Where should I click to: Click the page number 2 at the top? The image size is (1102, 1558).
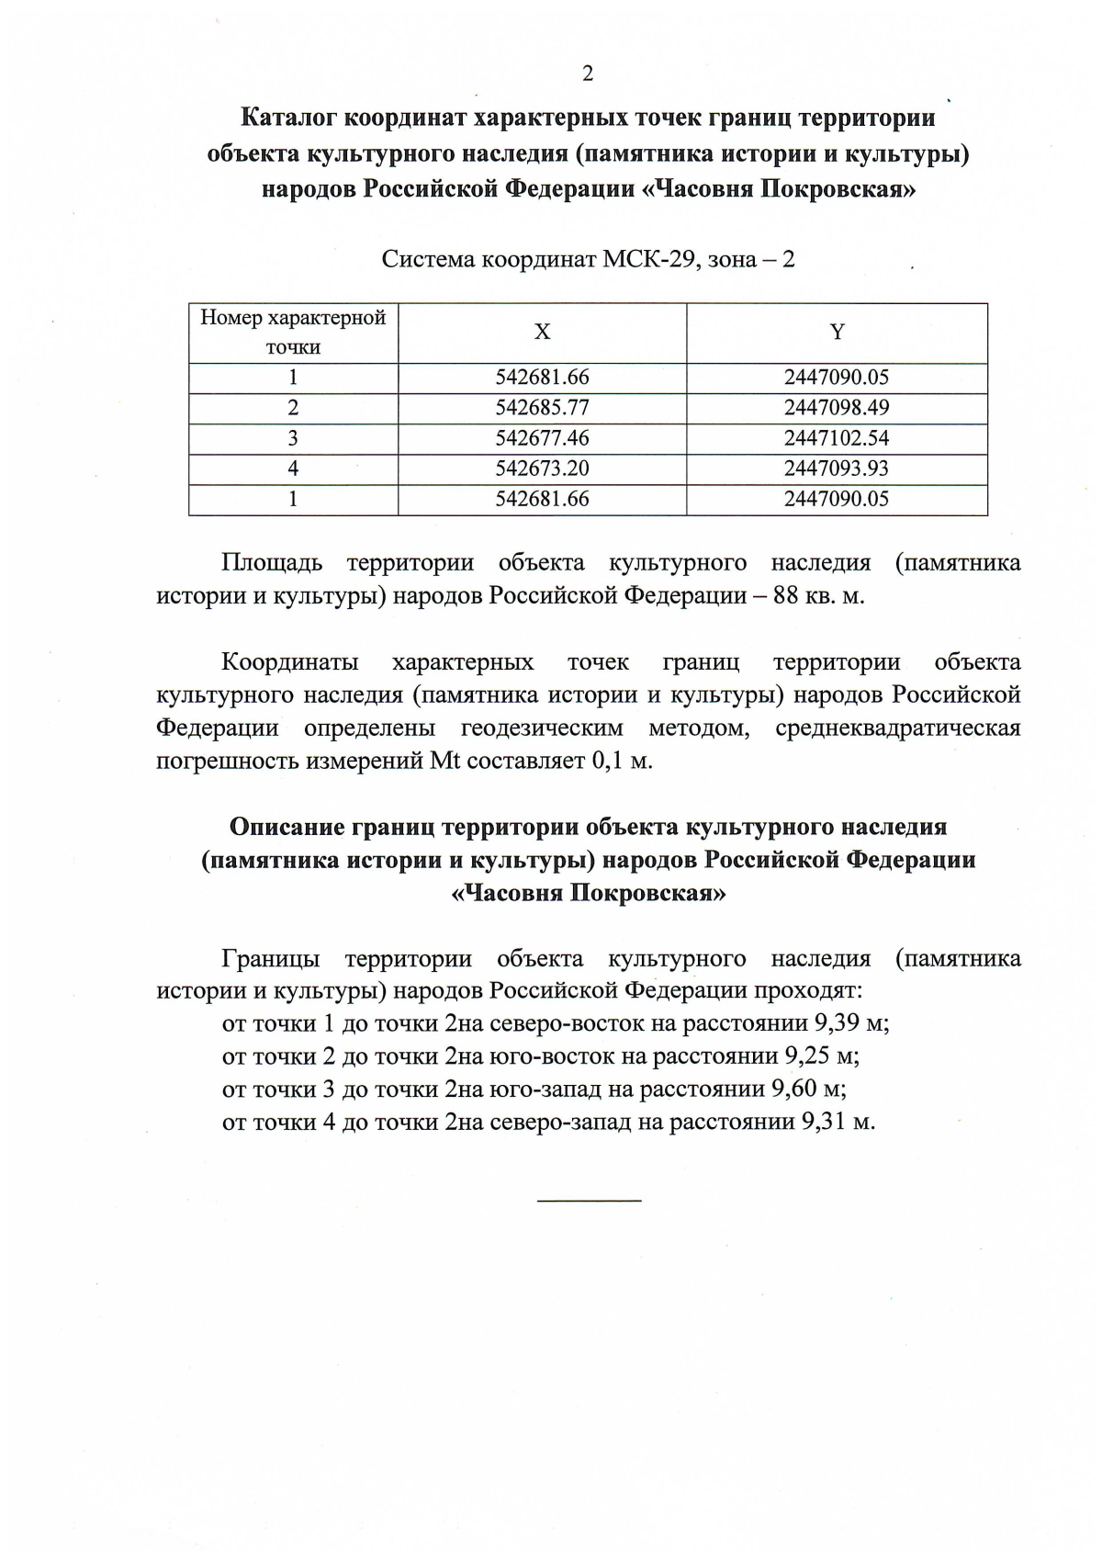588,74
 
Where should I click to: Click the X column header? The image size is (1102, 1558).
542,333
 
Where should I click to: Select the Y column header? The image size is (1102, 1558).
837,333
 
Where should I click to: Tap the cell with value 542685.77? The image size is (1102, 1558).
542,408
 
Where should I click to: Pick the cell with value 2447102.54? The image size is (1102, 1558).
837,438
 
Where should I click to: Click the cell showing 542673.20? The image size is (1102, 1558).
542,469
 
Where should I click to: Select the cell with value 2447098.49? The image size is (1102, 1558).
837,408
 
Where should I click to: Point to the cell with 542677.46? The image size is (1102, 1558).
542,438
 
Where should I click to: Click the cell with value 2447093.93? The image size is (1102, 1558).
837,469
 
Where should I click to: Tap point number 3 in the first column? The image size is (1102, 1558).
293,438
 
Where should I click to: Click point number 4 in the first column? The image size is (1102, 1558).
293,469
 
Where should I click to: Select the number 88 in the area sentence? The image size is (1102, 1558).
787,595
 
